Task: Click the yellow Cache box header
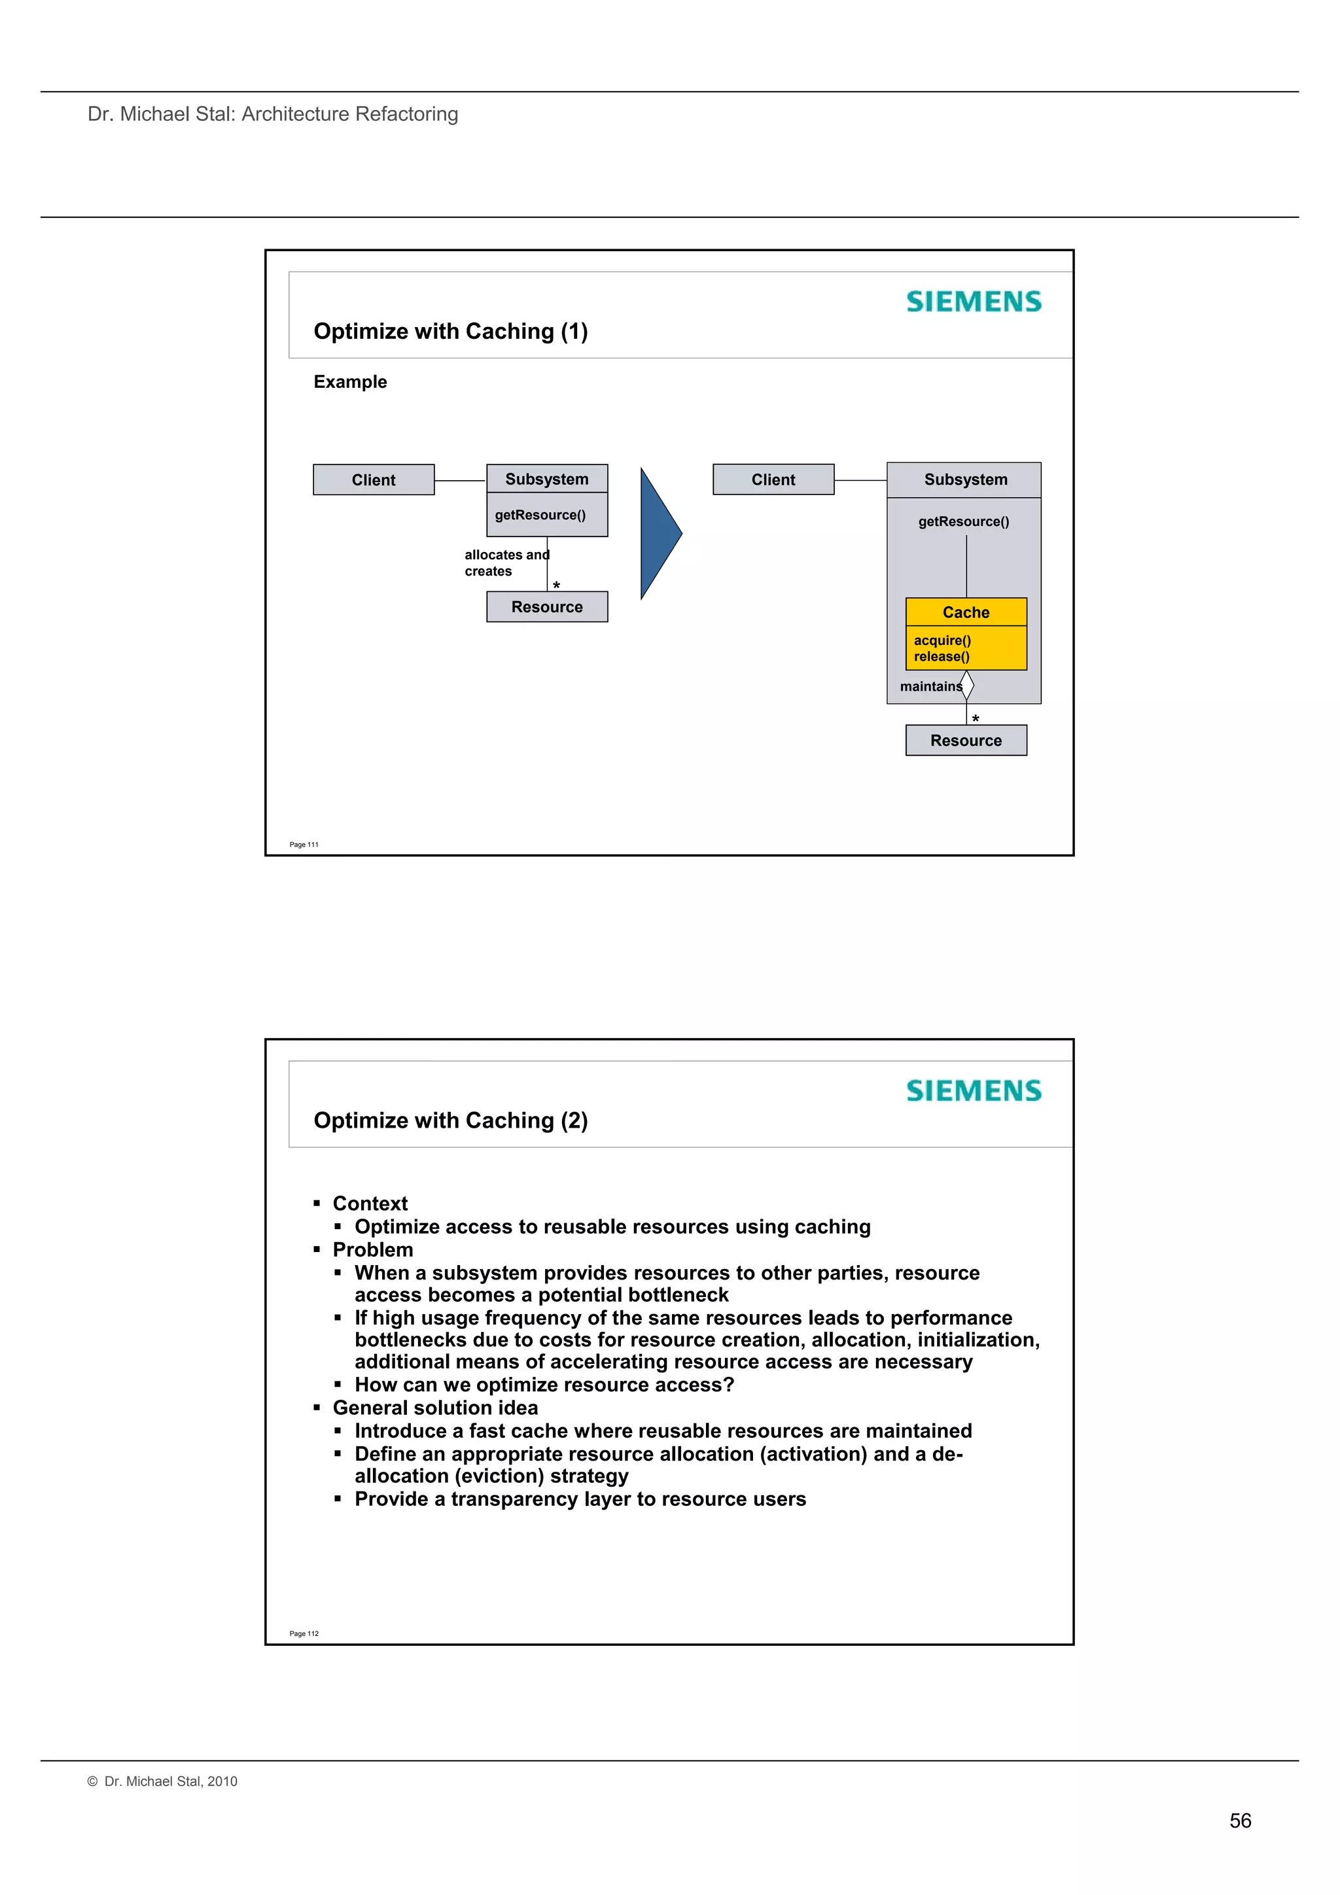point(965,612)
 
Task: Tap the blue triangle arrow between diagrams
point(659,533)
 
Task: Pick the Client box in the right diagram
point(773,479)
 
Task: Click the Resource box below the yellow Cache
point(965,740)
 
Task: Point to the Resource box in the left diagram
point(546,606)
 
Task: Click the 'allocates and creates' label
point(504,563)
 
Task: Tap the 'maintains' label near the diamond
point(930,687)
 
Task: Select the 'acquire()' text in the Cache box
point(942,640)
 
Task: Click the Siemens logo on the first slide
point(974,302)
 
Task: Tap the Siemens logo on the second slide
point(974,1091)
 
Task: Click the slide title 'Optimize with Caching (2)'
point(451,1120)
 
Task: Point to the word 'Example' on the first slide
point(350,381)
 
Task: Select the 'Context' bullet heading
point(370,1204)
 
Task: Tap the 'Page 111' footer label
point(304,844)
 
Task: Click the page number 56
point(1239,1820)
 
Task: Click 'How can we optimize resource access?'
point(544,1384)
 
